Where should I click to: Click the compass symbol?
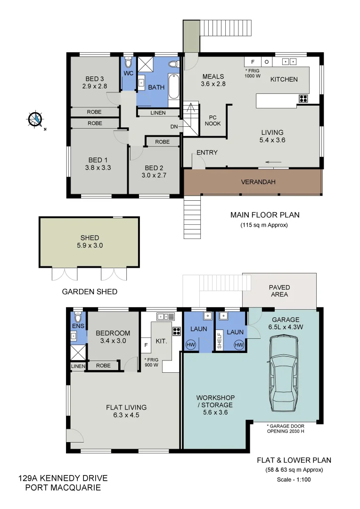tap(35, 119)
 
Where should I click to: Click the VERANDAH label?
tap(258, 182)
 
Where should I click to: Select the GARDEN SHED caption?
tap(90, 292)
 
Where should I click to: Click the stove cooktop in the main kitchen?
tap(303, 99)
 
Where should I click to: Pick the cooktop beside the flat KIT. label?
tap(177, 330)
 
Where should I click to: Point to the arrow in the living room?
tap(273, 163)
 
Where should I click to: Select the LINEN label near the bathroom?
tap(158, 113)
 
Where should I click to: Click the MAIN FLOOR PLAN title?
tap(264, 215)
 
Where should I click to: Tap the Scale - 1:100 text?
tap(294, 480)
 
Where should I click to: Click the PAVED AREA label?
tap(279, 291)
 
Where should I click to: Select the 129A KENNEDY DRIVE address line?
tap(63, 478)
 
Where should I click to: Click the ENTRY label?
tap(207, 152)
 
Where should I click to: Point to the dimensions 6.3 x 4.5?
tap(124, 415)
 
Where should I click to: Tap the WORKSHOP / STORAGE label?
tap(215, 401)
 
